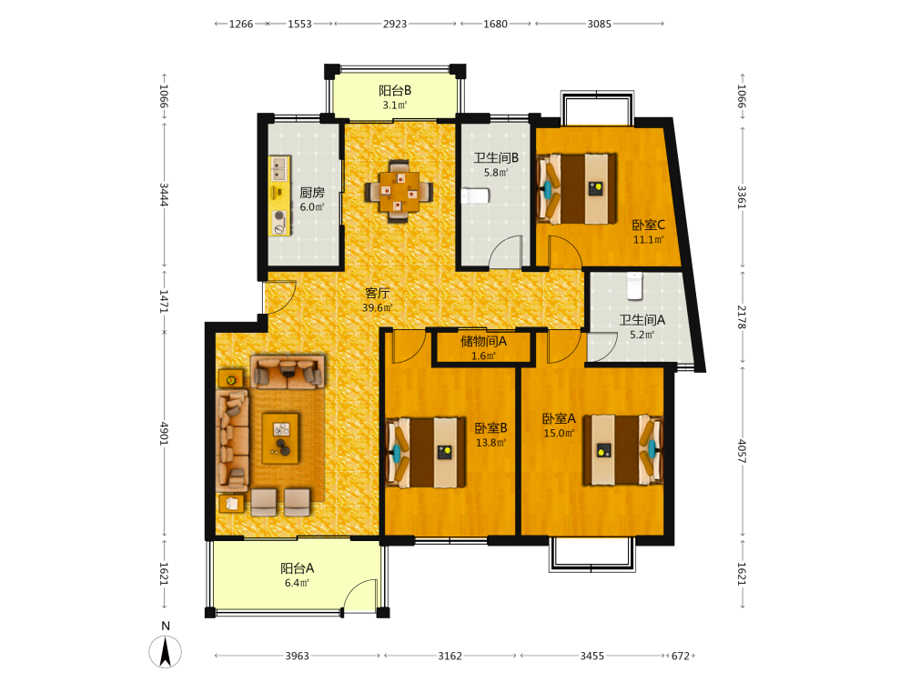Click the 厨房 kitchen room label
311,192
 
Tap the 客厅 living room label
377,294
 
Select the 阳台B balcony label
395,90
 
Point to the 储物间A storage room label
483,341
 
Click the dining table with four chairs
399,191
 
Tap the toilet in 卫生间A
634,286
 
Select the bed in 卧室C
576,188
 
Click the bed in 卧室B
425,452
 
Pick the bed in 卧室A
622,449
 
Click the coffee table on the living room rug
280,438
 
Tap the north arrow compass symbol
166,651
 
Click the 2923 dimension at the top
395,24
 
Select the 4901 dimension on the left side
164,433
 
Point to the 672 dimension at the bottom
680,656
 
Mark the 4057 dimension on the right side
742,451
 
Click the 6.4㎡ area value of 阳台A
297,583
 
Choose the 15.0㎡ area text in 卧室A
559,433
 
